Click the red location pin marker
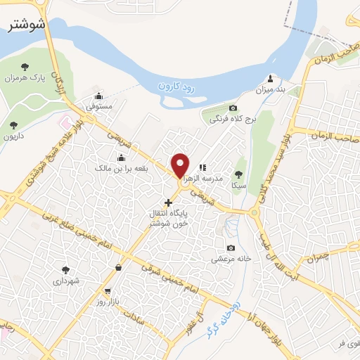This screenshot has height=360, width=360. pos(181,165)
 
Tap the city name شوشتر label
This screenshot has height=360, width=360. pos(27,25)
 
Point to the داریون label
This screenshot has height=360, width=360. pos(14,137)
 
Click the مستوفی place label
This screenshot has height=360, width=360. pos(100,107)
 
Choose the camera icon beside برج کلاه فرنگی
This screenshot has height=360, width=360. pos(233,108)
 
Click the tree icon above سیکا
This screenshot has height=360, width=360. pos(239,173)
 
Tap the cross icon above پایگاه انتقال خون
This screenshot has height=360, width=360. pos(167,202)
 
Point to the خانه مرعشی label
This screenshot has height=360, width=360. pos(232,259)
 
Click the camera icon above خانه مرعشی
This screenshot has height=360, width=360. pos(231,247)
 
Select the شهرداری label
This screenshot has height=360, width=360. pos(67,281)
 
